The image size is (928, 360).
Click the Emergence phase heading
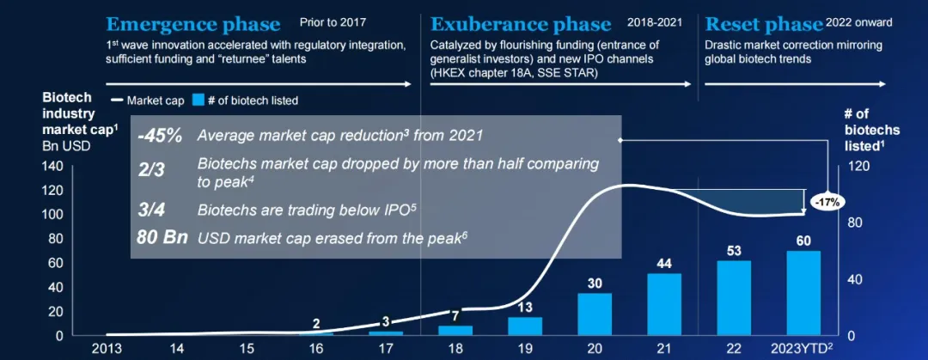tap(193, 23)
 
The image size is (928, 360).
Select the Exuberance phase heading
tap(521, 23)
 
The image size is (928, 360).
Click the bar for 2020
tap(595, 314)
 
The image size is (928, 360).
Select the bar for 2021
tap(664, 305)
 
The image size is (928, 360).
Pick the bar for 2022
tap(733, 298)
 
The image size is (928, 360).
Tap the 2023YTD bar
tap(803, 293)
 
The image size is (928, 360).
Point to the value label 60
tap(803, 241)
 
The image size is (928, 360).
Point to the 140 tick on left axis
tap(52, 166)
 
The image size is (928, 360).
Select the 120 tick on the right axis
tap(863, 166)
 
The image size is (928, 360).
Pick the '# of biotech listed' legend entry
tap(245, 101)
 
